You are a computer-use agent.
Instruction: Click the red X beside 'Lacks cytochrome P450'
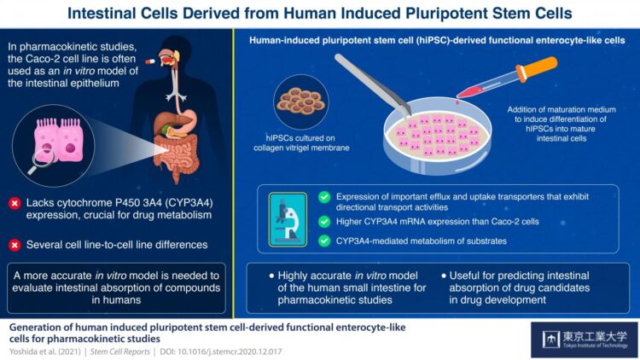pos(15,203)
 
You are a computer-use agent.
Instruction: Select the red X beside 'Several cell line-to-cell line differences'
pos(15,244)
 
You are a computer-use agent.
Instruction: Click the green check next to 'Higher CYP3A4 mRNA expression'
pos(323,222)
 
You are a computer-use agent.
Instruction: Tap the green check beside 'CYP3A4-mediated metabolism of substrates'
pos(323,241)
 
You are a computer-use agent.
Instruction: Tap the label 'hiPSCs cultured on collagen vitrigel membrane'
pos(300,146)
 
